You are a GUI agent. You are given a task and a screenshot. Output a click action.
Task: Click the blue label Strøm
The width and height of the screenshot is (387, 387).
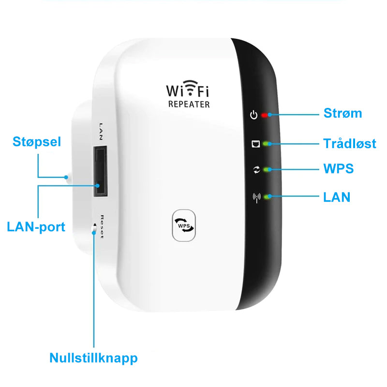(x=342, y=113)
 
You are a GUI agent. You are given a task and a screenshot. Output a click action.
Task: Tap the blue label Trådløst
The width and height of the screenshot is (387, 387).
(x=350, y=143)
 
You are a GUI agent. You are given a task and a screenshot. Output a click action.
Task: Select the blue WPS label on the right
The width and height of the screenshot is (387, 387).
(x=338, y=168)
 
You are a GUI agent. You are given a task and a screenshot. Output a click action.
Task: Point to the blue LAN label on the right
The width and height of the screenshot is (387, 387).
(x=337, y=197)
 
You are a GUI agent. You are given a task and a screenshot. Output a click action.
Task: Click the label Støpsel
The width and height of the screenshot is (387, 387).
(x=37, y=142)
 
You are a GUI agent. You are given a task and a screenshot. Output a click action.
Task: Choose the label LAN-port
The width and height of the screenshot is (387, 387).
(x=36, y=227)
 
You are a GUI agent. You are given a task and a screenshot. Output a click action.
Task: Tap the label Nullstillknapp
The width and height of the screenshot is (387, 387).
(x=93, y=358)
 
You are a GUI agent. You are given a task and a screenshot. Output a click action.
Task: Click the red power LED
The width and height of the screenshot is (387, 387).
(x=264, y=115)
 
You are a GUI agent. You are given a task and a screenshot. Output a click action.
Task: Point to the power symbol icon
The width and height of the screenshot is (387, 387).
(x=253, y=115)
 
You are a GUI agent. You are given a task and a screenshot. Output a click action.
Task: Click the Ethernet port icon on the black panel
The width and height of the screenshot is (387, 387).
(x=255, y=144)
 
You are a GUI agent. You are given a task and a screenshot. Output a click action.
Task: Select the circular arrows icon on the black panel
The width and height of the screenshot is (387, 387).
(x=257, y=170)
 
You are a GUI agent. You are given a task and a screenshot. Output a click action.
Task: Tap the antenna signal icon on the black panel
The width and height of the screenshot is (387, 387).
(x=257, y=198)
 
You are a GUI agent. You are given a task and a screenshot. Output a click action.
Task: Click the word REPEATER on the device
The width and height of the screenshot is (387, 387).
(x=189, y=104)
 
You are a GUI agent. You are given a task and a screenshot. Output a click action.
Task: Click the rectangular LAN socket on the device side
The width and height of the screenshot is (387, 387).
(x=100, y=172)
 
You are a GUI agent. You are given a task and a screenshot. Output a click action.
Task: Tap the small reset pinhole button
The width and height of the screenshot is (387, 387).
(x=94, y=229)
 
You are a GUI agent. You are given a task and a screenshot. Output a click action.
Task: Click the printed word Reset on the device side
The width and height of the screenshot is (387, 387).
(x=102, y=227)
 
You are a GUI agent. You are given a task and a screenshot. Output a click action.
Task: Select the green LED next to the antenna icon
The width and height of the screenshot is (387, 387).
(x=267, y=197)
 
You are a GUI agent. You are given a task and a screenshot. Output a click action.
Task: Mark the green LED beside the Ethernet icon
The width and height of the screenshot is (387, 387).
(x=266, y=144)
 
